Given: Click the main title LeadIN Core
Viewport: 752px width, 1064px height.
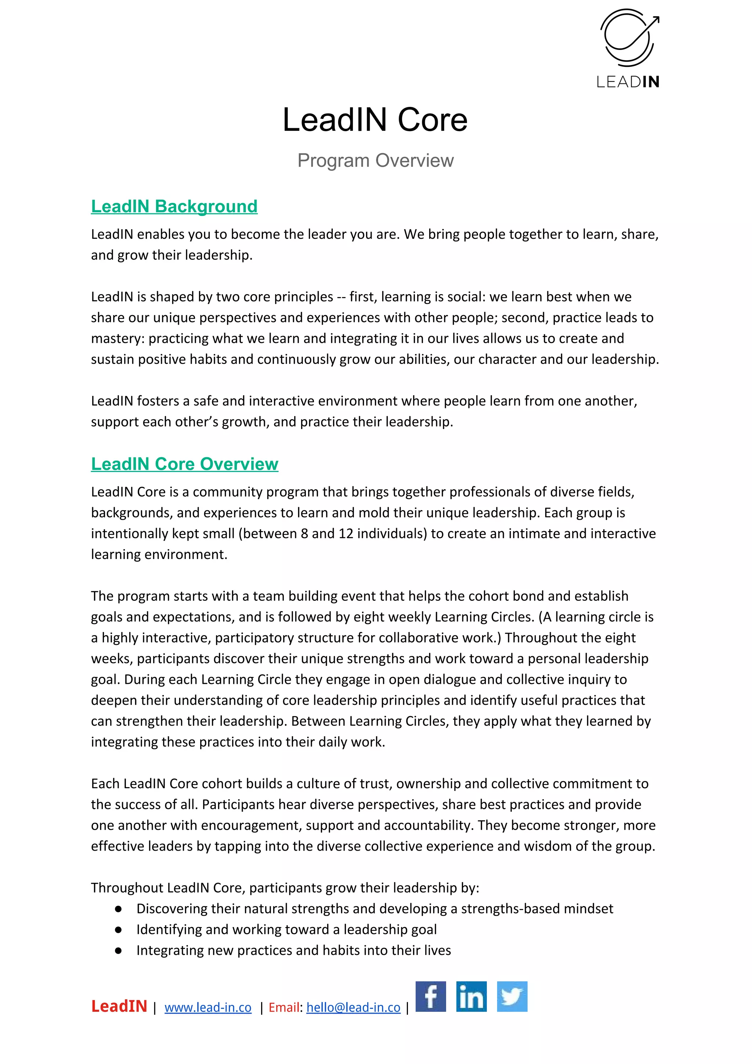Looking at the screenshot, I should point(375,120).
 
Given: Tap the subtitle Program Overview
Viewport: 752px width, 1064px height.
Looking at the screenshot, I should point(375,160).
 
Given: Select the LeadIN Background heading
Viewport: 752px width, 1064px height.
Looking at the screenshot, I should point(174,206).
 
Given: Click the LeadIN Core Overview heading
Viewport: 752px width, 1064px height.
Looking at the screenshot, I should point(184,464).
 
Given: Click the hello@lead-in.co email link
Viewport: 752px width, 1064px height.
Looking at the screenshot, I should point(353,1007).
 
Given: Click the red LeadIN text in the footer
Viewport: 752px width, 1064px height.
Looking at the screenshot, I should point(119,1006).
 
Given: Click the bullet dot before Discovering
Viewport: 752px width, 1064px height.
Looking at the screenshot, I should point(118,909).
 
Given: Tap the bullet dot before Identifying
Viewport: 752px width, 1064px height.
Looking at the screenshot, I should point(118,930).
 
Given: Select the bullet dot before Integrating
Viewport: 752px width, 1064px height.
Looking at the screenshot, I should point(118,951).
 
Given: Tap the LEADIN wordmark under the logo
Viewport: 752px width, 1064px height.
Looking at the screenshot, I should point(628,82).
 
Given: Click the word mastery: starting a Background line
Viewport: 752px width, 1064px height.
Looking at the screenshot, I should point(118,339).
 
